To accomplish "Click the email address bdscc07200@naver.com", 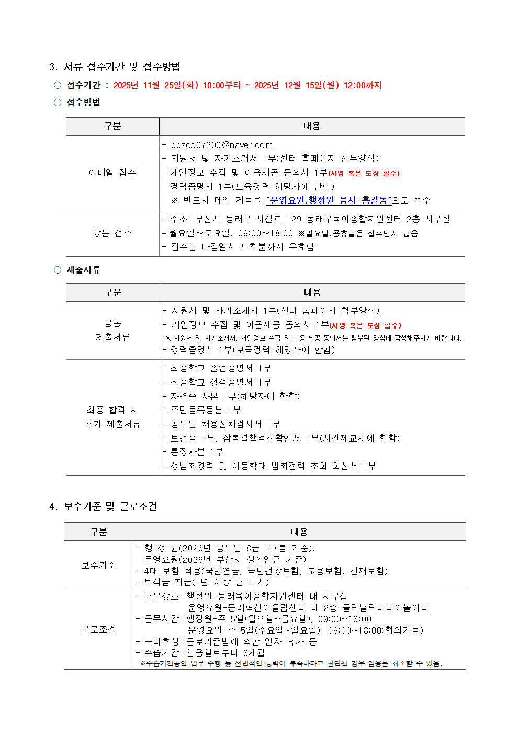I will [222, 145].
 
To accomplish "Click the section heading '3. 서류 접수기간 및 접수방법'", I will [115, 67].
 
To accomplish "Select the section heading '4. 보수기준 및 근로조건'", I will [103, 506].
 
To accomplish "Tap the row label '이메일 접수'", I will [112, 173].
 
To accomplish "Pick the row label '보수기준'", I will [98, 566].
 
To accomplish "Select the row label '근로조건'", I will [98, 629].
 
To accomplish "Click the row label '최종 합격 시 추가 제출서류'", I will [112, 417].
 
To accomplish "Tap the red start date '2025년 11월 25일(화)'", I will [156, 85].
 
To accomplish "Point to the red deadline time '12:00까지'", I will [363, 85].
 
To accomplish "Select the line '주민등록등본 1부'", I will [206, 410].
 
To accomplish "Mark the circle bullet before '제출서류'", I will [58, 270].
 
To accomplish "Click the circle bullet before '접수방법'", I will [58, 103].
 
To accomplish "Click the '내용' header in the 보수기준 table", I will [299, 532].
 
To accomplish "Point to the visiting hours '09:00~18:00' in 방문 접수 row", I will [265, 233].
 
